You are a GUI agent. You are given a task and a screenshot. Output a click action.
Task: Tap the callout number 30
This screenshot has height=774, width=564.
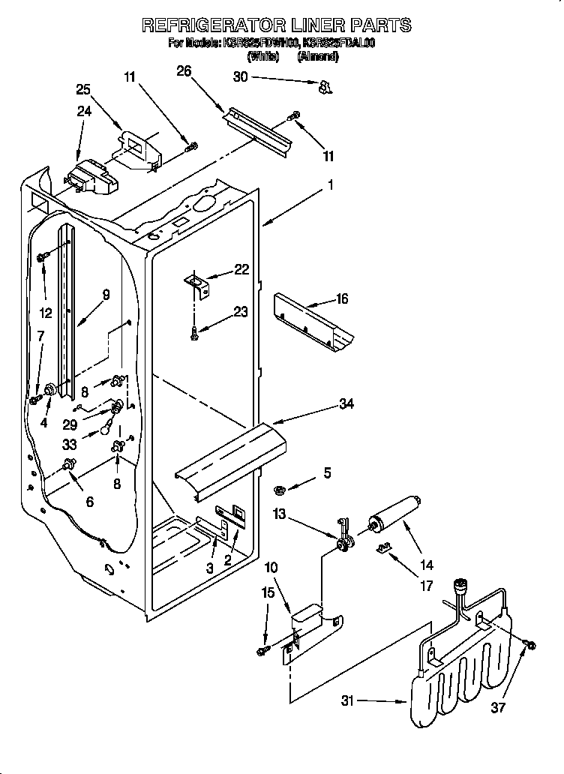pyautogui.click(x=240, y=76)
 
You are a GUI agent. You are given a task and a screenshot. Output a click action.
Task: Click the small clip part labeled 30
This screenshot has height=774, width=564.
pyautogui.click(x=325, y=88)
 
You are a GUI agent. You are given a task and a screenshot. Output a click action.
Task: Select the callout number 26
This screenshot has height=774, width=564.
pyautogui.click(x=184, y=71)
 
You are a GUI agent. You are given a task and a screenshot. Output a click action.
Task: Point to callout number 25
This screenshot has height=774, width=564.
pyautogui.click(x=84, y=89)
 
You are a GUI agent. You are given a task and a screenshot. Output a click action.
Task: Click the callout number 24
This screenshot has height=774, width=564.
pyautogui.click(x=84, y=112)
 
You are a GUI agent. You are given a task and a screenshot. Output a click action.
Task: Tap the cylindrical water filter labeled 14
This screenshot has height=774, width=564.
pyautogui.click(x=392, y=518)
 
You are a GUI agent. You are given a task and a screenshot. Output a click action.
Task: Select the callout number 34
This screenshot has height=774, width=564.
pyautogui.click(x=346, y=404)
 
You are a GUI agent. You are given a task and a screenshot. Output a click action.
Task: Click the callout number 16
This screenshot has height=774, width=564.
pyautogui.click(x=341, y=299)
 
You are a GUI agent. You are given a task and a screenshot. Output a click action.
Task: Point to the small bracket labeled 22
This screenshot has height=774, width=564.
pyautogui.click(x=198, y=282)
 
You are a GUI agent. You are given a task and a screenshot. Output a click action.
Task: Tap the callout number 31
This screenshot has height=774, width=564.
pyautogui.click(x=346, y=702)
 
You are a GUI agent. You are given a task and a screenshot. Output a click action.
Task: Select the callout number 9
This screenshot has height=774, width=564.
pyautogui.click(x=106, y=295)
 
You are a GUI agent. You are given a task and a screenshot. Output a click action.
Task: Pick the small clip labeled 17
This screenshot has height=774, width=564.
pyautogui.click(x=383, y=550)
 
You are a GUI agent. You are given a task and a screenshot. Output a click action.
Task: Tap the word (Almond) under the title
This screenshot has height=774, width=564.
pyautogui.click(x=319, y=56)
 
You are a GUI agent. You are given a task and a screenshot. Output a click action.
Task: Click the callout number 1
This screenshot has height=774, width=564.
pyautogui.click(x=330, y=182)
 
